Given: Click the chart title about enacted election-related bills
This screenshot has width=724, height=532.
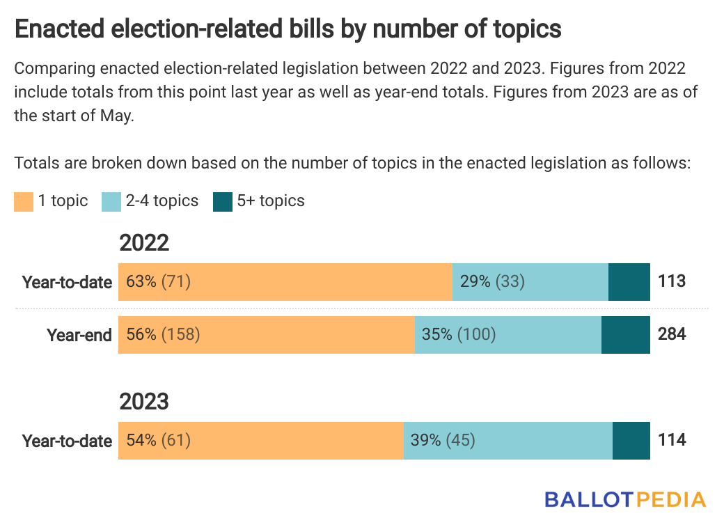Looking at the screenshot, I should (288, 29).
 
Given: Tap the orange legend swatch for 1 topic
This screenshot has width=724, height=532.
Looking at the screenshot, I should (24, 202).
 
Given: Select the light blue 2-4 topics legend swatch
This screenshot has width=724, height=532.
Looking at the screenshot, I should (111, 202).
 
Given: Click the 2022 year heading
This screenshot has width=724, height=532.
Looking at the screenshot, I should (144, 243).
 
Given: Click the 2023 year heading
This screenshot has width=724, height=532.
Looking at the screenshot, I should (144, 402).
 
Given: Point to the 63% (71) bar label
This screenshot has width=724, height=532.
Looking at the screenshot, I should (159, 282).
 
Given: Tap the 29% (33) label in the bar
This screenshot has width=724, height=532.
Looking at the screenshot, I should (492, 282).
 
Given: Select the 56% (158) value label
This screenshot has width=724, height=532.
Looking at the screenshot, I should (163, 335).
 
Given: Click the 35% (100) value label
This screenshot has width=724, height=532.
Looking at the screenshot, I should (459, 335).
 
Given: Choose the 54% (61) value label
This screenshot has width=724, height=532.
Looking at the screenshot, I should (159, 441).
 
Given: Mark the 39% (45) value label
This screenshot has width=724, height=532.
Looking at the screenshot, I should (443, 441).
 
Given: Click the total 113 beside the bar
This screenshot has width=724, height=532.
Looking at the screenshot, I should (672, 282).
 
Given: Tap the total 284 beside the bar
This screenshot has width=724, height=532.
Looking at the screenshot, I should (672, 335).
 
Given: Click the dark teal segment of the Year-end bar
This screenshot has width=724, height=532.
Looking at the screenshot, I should (625, 335).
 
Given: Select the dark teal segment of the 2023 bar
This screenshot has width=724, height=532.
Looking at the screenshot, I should (631, 441).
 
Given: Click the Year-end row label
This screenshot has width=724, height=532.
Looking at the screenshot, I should (79, 336).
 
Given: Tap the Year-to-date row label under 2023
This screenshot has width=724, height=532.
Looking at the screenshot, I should (67, 441).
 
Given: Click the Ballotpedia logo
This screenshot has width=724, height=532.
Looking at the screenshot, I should (624, 500).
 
